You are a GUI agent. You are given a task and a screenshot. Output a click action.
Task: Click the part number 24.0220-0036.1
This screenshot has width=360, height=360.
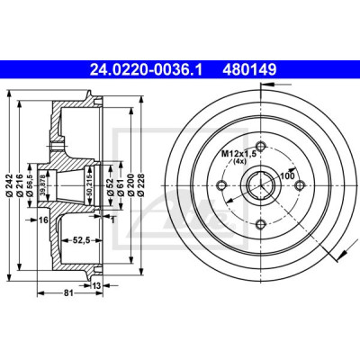(x=147, y=70)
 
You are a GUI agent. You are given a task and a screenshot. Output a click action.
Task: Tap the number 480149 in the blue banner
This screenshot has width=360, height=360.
(x=248, y=70)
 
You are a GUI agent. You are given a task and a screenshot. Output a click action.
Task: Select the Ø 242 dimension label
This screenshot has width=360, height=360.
(x=9, y=185)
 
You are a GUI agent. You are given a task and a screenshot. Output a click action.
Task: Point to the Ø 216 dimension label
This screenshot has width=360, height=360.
(x=21, y=185)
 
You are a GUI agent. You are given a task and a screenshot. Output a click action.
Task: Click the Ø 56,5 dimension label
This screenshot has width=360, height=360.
(x=30, y=185)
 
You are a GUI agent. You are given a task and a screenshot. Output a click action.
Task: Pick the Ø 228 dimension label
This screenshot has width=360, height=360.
(x=141, y=185)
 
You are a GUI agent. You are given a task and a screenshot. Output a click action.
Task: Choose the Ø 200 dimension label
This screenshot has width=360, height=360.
(x=130, y=185)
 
